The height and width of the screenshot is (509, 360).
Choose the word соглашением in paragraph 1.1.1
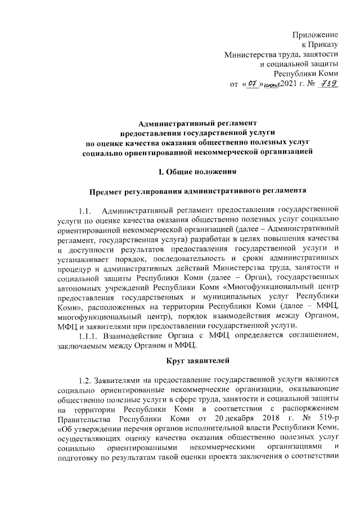(305, 336)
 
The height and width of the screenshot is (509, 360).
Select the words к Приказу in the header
(323, 45)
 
